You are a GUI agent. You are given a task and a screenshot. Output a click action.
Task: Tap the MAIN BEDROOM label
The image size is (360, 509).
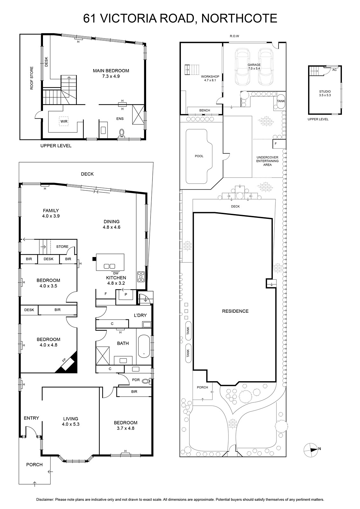pyautogui.click(x=111, y=71)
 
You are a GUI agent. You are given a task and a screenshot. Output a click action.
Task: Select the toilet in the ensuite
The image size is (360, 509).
pyautogui.click(x=122, y=133)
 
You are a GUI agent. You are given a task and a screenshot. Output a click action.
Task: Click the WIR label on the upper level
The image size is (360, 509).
pyautogui.click(x=64, y=121)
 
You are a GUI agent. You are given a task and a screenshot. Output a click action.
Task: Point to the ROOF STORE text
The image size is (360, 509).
pyautogui.click(x=32, y=78)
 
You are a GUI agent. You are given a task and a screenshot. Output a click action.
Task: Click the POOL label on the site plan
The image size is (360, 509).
pyautogui.click(x=199, y=156)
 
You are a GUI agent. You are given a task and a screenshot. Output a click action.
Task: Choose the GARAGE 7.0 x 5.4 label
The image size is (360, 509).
pyautogui.click(x=254, y=66)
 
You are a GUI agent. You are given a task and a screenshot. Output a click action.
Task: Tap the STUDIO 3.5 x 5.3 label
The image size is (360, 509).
pyautogui.click(x=325, y=94)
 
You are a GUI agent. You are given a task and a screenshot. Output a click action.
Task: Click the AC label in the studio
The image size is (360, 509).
pyautogui.click(x=334, y=70)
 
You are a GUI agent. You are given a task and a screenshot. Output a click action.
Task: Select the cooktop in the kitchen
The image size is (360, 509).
pyautogui.click(x=141, y=277)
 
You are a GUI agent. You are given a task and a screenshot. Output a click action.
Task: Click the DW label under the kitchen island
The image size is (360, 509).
pyautogui.click(x=116, y=273)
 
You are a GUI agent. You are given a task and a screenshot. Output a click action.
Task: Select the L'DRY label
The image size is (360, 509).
pyautogui.click(x=140, y=315)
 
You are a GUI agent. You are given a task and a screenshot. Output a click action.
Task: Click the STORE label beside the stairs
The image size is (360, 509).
pyautogui.click(x=62, y=247)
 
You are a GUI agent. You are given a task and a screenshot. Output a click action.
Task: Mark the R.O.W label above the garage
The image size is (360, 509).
pyautogui.click(x=235, y=36)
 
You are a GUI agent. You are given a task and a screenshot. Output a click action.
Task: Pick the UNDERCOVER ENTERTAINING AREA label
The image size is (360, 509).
pyautogui.click(x=267, y=161)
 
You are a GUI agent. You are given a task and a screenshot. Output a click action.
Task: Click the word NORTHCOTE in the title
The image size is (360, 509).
pyautogui.click(x=239, y=18)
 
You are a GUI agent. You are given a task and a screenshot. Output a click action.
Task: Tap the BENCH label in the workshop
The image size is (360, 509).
pyautogui.click(x=204, y=110)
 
